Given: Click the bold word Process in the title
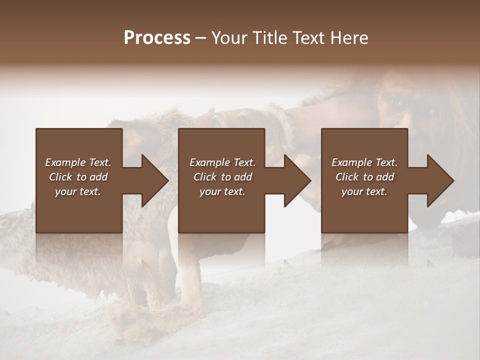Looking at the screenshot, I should click(157, 38).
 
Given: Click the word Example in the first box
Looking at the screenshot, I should click(65, 162).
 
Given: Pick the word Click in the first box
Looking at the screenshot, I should click(60, 177).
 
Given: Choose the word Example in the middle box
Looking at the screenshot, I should click(209, 162).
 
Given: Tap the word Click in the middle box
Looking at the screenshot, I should click(205, 177).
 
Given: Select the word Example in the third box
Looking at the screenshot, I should click(351, 162).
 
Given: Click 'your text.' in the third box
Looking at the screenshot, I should click(364, 191).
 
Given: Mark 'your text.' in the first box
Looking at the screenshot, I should click(77, 191).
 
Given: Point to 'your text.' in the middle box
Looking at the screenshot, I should click(222, 191).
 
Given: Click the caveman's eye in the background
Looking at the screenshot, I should click(395, 103).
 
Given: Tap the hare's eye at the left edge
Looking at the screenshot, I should click(5, 223).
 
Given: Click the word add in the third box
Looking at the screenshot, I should click(385, 177).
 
